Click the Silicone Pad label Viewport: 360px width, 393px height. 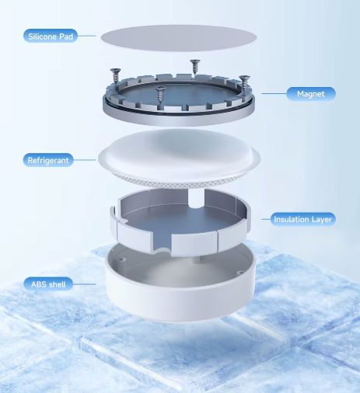(51, 36)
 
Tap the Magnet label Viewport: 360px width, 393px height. (311, 94)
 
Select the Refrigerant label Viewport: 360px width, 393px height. (48, 160)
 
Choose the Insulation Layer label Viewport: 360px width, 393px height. (302, 219)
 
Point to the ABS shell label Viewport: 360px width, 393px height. (48, 284)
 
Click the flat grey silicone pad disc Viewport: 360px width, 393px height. (179, 38)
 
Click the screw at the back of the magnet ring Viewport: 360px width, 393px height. (195, 67)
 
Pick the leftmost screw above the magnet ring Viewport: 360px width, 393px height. (115, 75)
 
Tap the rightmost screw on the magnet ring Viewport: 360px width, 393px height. (244, 83)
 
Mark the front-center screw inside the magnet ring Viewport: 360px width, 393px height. (161, 95)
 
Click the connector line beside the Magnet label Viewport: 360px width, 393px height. (274, 93)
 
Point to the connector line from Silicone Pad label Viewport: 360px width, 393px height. (86, 36)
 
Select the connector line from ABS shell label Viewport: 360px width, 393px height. (85, 284)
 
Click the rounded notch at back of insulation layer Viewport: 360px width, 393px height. (196, 199)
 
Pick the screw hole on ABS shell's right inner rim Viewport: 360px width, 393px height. (240, 273)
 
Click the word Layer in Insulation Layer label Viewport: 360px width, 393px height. (322, 220)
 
